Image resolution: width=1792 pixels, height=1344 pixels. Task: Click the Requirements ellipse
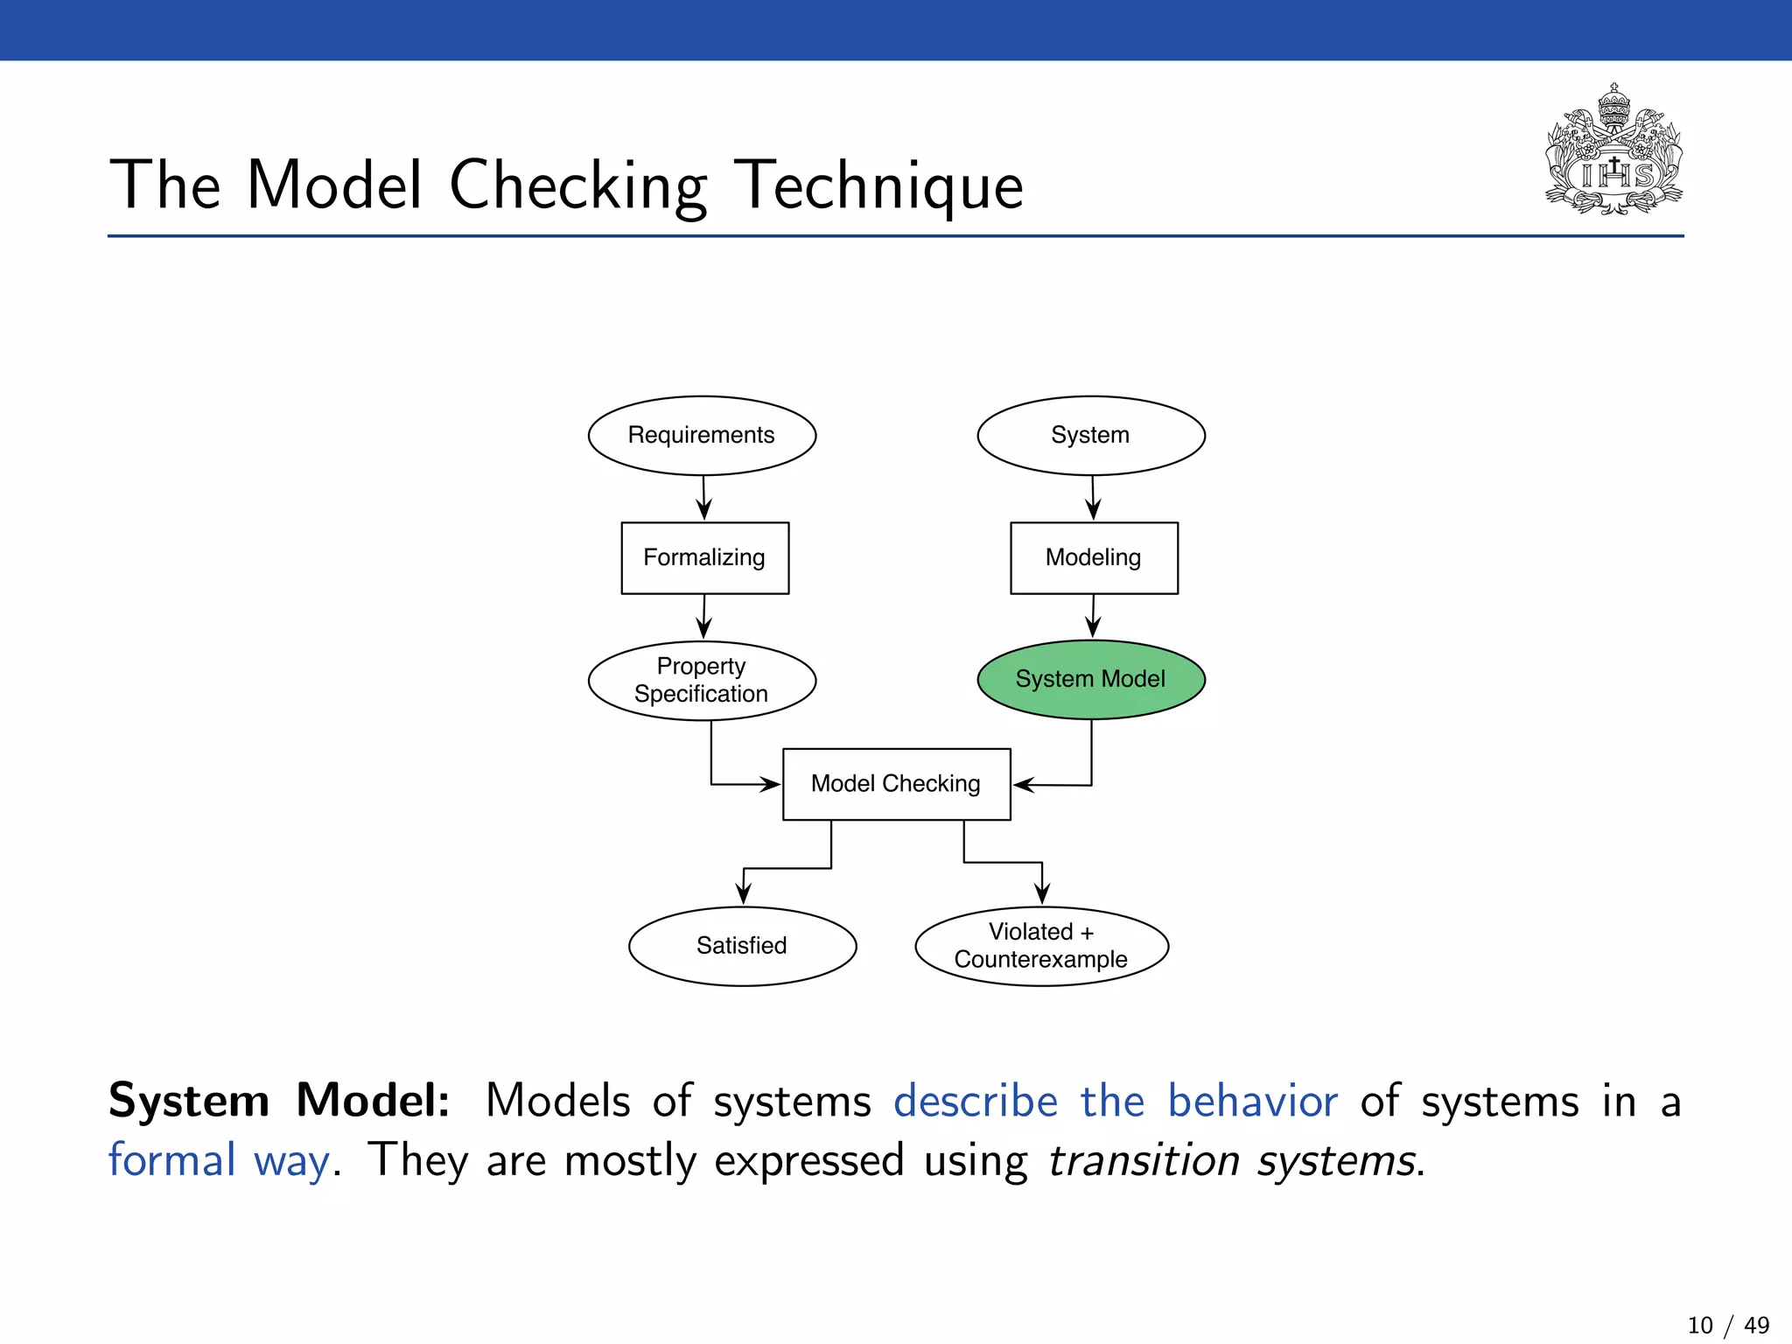coord(702,436)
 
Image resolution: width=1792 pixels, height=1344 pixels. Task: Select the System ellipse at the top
coord(1090,436)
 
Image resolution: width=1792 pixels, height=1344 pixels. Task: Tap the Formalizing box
coord(704,558)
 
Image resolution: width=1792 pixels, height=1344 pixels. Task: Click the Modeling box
coord(1094,558)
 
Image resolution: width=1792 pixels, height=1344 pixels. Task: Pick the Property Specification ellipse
coord(702,681)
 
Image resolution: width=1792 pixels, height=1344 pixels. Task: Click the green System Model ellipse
coord(1090,680)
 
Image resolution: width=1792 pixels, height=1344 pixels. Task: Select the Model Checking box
coord(896,784)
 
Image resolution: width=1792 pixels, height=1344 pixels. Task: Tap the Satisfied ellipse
coord(742,946)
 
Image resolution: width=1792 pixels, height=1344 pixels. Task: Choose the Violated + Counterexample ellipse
coord(1041,946)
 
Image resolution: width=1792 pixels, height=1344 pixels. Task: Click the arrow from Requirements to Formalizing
coord(703,498)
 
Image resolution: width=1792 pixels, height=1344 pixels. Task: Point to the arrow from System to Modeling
coord(1093,498)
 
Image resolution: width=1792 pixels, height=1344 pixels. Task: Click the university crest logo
coord(1613,150)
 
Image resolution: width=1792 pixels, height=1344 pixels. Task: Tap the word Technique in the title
coord(878,186)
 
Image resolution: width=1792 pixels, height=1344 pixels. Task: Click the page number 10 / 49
coord(1727,1325)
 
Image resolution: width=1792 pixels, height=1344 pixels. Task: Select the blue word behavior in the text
coord(1252,1101)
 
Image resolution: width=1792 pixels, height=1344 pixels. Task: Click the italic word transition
coord(1143,1161)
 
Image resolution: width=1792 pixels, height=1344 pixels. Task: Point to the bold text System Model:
coord(278,1101)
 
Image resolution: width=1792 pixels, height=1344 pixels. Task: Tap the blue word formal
coord(172,1161)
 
